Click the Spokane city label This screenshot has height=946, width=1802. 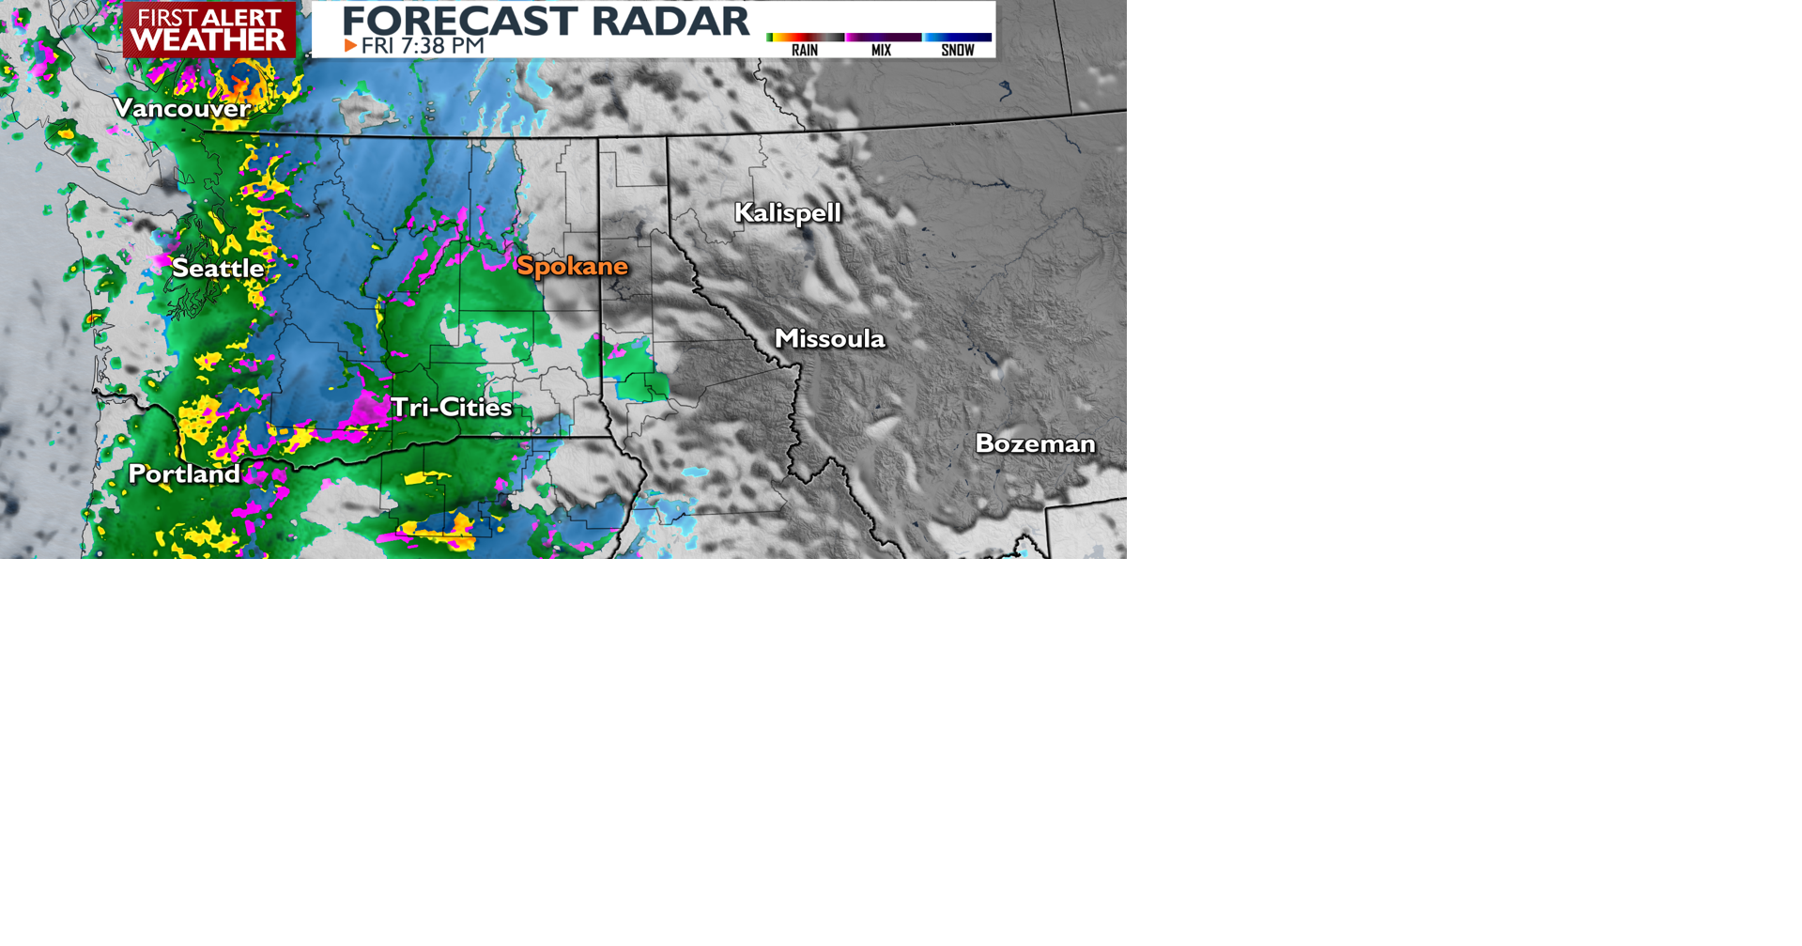[572, 267]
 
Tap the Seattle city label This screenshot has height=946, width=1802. [218, 269]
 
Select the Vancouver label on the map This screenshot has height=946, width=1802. [181, 108]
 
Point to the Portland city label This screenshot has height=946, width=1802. [184, 473]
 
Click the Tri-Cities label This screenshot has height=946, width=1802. [451, 408]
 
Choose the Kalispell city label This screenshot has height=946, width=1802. [787, 213]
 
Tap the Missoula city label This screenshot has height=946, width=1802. [829, 339]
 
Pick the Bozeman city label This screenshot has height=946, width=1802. [1035, 443]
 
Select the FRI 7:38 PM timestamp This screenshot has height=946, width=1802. [423, 46]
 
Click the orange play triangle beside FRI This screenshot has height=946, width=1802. [350, 46]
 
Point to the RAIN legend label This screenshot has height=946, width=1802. [805, 51]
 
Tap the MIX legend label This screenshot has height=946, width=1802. [881, 51]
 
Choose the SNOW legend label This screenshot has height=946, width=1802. [957, 51]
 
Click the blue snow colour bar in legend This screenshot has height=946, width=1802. [957, 38]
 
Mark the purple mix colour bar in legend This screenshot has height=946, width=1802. [883, 38]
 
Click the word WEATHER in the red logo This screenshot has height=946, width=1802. [208, 39]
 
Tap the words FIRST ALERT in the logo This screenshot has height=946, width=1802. [208, 17]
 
